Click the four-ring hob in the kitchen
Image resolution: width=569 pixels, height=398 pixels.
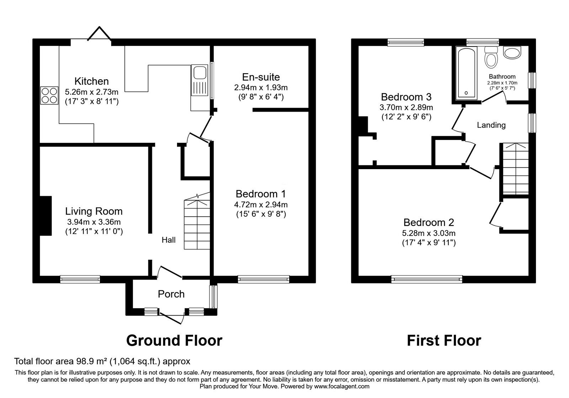coord(49,95)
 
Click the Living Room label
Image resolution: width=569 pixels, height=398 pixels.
coord(94,211)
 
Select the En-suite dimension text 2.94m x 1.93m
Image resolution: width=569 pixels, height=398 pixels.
coord(261,87)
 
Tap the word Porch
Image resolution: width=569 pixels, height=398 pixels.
coord(171,294)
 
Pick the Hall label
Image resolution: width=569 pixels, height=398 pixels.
coord(169,240)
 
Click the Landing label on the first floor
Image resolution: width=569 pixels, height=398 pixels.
coord(491,125)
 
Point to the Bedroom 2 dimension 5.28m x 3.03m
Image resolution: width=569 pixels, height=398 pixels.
coord(429,233)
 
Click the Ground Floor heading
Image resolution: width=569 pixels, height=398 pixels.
coord(174,340)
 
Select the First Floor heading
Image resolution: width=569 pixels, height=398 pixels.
coord(444,340)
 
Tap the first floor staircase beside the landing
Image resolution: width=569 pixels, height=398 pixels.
coord(515,169)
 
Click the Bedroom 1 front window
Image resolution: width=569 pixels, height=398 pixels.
coord(264,279)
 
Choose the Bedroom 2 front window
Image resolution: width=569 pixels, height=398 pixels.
coord(427,279)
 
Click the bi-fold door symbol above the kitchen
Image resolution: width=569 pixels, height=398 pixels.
coord(100,35)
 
